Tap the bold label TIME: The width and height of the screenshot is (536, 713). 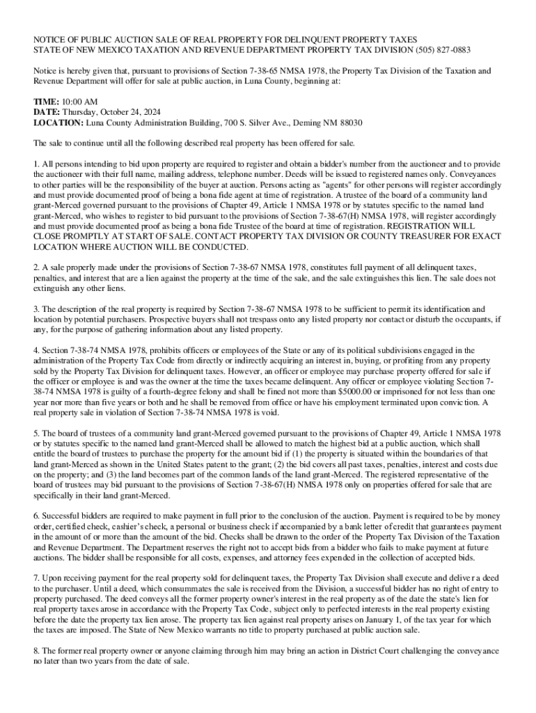click(x=47, y=101)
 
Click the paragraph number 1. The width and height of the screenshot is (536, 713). click(x=36, y=163)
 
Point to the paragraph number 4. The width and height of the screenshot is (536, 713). click(x=36, y=350)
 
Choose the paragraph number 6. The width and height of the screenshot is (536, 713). click(x=36, y=516)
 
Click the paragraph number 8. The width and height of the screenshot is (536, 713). click(x=36, y=650)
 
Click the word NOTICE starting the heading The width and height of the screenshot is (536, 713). click(x=52, y=40)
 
